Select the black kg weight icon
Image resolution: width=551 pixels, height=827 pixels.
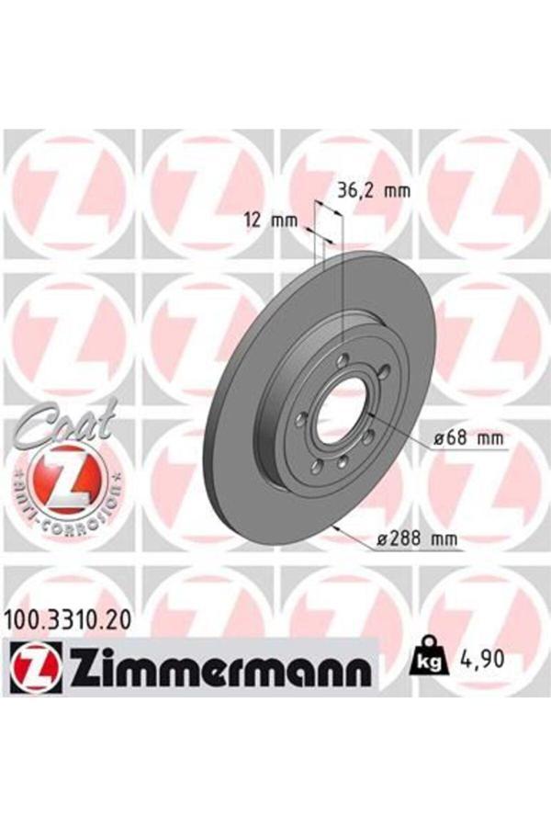tap(430, 658)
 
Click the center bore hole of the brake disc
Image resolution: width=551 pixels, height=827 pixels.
tap(344, 412)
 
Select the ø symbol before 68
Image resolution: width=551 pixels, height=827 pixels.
tap(439, 439)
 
